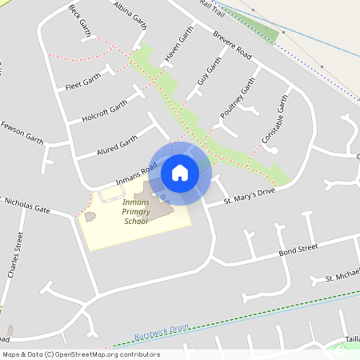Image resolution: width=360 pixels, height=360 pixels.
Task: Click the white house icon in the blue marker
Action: click(x=180, y=172)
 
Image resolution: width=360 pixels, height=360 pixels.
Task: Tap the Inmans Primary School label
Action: click(x=135, y=212)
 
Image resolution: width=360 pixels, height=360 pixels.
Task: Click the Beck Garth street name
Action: click(x=81, y=20)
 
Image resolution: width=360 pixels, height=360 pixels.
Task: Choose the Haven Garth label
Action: click(x=180, y=54)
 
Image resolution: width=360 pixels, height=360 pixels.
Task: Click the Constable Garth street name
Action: click(x=274, y=120)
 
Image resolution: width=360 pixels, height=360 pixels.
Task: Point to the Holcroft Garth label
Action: click(x=104, y=111)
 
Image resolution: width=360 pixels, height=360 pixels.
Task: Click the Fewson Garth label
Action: click(x=22, y=133)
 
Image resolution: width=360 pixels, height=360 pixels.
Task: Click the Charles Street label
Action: click(x=15, y=255)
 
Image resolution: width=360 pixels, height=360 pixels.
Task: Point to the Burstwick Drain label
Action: click(x=161, y=335)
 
